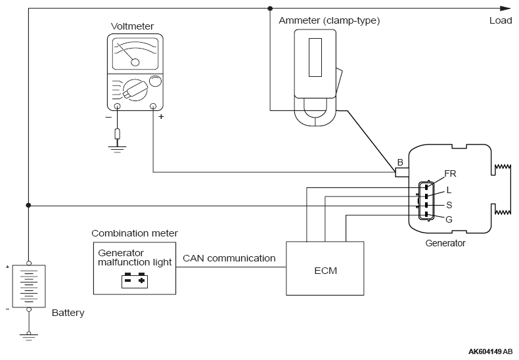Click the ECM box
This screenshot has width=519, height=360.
click(x=325, y=268)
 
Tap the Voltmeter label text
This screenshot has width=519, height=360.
click(x=132, y=26)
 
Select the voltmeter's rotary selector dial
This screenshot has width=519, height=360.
click(x=135, y=89)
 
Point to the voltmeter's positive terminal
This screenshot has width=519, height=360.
click(x=153, y=106)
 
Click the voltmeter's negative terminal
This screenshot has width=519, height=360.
click(x=117, y=106)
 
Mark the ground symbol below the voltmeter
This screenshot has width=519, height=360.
click(x=117, y=148)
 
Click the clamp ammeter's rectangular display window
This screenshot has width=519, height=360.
click(x=315, y=58)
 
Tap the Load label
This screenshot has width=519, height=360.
click(x=501, y=20)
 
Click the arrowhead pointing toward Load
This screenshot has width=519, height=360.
click(x=505, y=9)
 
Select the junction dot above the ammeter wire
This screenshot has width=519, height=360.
click(x=270, y=9)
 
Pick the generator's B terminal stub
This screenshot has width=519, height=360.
click(x=402, y=172)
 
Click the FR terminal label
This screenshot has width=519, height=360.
click(x=450, y=173)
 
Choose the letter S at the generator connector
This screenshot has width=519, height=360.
click(x=449, y=205)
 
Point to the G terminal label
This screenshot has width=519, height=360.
click(x=449, y=219)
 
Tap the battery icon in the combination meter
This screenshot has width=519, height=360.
click(x=135, y=281)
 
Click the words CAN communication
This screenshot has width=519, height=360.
click(x=229, y=258)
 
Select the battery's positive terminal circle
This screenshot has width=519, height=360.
click(x=29, y=263)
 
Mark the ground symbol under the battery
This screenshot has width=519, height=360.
click(x=29, y=336)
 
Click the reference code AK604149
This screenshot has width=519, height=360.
click(x=485, y=351)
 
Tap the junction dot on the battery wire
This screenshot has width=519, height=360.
click(x=28, y=206)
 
